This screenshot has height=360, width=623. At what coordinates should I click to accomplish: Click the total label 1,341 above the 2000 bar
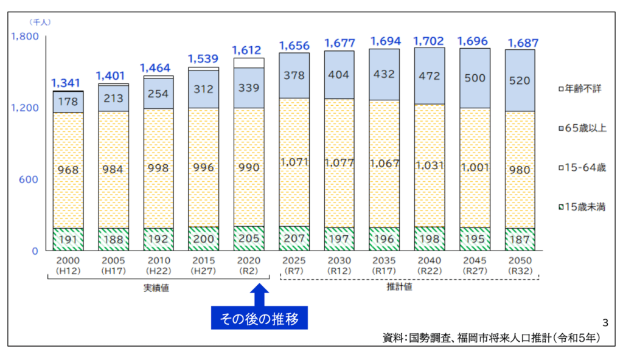(x=68, y=83)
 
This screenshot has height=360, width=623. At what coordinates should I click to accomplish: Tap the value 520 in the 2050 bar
(x=519, y=80)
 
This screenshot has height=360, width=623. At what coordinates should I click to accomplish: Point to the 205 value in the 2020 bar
(x=249, y=239)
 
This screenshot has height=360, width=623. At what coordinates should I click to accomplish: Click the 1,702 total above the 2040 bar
(x=429, y=41)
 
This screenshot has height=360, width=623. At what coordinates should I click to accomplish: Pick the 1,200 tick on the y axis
(x=25, y=108)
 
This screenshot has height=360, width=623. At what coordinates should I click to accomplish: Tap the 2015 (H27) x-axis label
(x=203, y=265)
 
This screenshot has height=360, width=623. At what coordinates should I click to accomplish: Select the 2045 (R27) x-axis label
(x=473, y=265)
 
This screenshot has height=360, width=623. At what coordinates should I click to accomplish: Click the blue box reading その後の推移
(x=259, y=318)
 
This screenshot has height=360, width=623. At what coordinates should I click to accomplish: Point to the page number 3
(x=604, y=322)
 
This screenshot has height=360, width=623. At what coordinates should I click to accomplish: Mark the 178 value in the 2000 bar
(x=68, y=102)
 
